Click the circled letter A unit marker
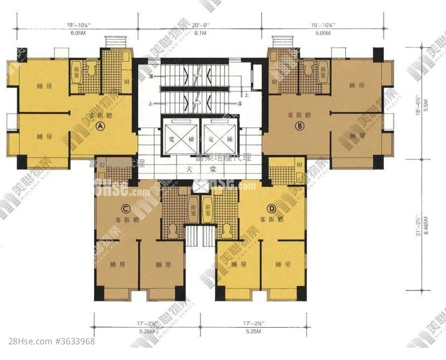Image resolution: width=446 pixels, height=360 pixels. (101, 127)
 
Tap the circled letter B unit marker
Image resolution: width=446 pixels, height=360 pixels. (300, 127)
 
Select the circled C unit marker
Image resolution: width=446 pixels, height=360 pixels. (126, 209)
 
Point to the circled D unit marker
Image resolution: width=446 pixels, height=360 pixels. (271, 208)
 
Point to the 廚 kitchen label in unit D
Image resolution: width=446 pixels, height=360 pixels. (299, 165)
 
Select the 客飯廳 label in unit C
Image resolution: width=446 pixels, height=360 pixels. (125, 220)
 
